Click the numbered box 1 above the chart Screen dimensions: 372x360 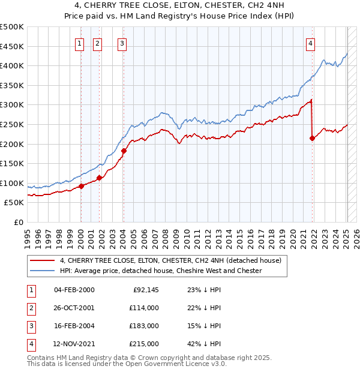pyautogui.click(x=80, y=43)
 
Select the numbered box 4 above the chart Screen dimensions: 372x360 pyautogui.click(x=311, y=43)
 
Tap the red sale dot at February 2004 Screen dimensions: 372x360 pyautogui.click(x=124, y=151)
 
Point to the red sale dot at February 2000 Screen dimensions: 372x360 pyautogui.click(x=81, y=186)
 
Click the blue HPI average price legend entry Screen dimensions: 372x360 pyautogui.click(x=160, y=271)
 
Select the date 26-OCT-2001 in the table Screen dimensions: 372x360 pyautogui.click(x=74, y=308)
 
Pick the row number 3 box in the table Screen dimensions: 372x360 pyautogui.click(x=30, y=326)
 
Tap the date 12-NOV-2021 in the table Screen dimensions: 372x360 pyautogui.click(x=74, y=344)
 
